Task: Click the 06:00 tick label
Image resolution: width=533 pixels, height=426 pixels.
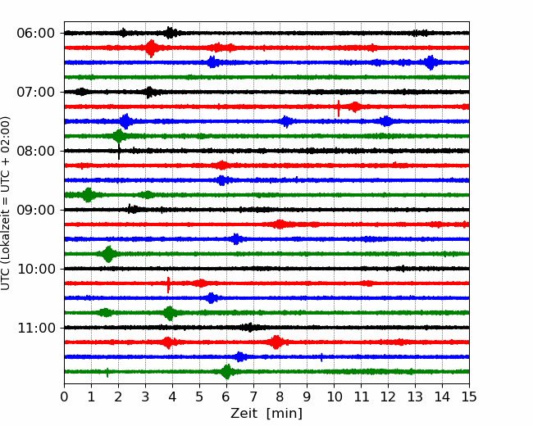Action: (36, 34)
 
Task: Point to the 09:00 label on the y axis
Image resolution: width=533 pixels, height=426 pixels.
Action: (36, 211)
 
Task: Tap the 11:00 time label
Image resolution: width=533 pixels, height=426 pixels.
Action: (36, 329)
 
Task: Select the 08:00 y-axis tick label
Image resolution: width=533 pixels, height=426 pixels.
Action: (36, 152)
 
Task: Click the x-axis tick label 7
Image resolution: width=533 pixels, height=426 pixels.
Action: (253, 397)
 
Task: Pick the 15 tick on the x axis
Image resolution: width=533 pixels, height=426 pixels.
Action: (469, 397)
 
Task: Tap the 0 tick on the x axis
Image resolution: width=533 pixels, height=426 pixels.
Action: (64, 397)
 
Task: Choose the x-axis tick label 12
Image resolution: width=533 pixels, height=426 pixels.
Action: (388, 397)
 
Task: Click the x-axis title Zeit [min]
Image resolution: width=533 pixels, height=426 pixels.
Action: (266, 414)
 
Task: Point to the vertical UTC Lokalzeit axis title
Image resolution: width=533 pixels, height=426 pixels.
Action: (6, 203)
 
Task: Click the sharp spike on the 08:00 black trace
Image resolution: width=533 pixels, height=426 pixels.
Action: (119, 151)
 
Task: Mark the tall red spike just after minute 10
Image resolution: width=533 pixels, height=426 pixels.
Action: (339, 108)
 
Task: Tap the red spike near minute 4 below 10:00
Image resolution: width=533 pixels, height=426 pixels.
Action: (168, 284)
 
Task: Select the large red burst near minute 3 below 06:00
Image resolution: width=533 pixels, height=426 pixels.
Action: (151, 48)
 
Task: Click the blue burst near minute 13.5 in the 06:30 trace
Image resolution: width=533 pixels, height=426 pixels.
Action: (430, 62)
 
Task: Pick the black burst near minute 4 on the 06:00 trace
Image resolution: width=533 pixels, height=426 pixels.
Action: (171, 33)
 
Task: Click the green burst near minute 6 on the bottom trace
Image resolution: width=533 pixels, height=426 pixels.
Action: (227, 372)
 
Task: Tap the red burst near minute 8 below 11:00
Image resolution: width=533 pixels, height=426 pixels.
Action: (276, 342)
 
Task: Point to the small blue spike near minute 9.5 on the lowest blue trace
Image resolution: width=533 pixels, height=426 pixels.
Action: (321, 357)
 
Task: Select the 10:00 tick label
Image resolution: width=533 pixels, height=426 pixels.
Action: (36, 269)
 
